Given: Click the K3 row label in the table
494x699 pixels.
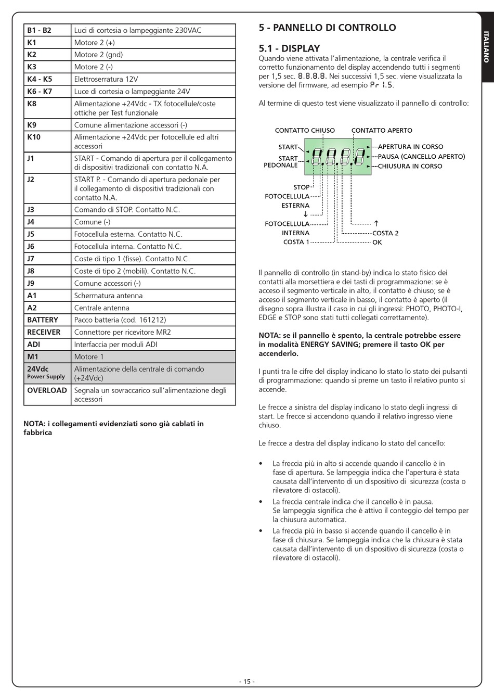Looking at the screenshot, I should [x=32, y=67].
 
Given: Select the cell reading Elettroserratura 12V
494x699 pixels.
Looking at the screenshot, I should [x=106, y=79].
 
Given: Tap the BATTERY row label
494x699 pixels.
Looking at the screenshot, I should [x=43, y=320].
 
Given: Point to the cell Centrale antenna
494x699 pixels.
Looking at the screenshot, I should [x=102, y=308].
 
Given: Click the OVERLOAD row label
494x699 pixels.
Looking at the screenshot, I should [x=47, y=390].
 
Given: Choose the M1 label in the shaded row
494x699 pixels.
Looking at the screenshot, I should [x=33, y=357].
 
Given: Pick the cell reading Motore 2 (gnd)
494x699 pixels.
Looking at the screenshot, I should [x=98, y=55].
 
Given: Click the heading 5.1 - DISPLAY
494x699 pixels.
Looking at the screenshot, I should [x=289, y=48].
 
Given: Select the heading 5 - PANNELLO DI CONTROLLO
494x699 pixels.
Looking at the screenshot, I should [x=327, y=28].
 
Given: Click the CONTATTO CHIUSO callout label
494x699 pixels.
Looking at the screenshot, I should [x=305, y=131].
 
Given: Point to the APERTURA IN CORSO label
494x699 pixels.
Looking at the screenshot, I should [x=410, y=147].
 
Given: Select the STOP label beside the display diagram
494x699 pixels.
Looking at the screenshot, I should [x=301, y=187].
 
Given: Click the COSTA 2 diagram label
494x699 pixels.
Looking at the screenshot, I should [x=385, y=233].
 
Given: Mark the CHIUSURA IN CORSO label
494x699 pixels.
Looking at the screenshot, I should [x=410, y=166].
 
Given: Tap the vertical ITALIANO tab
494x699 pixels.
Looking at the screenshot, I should [x=486, y=47].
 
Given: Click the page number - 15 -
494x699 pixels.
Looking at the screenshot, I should [x=246, y=682].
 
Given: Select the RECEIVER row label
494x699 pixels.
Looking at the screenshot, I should [x=44, y=332].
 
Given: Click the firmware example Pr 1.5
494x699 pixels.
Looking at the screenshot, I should [x=381, y=85].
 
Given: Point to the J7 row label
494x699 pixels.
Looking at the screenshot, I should [x=31, y=259].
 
